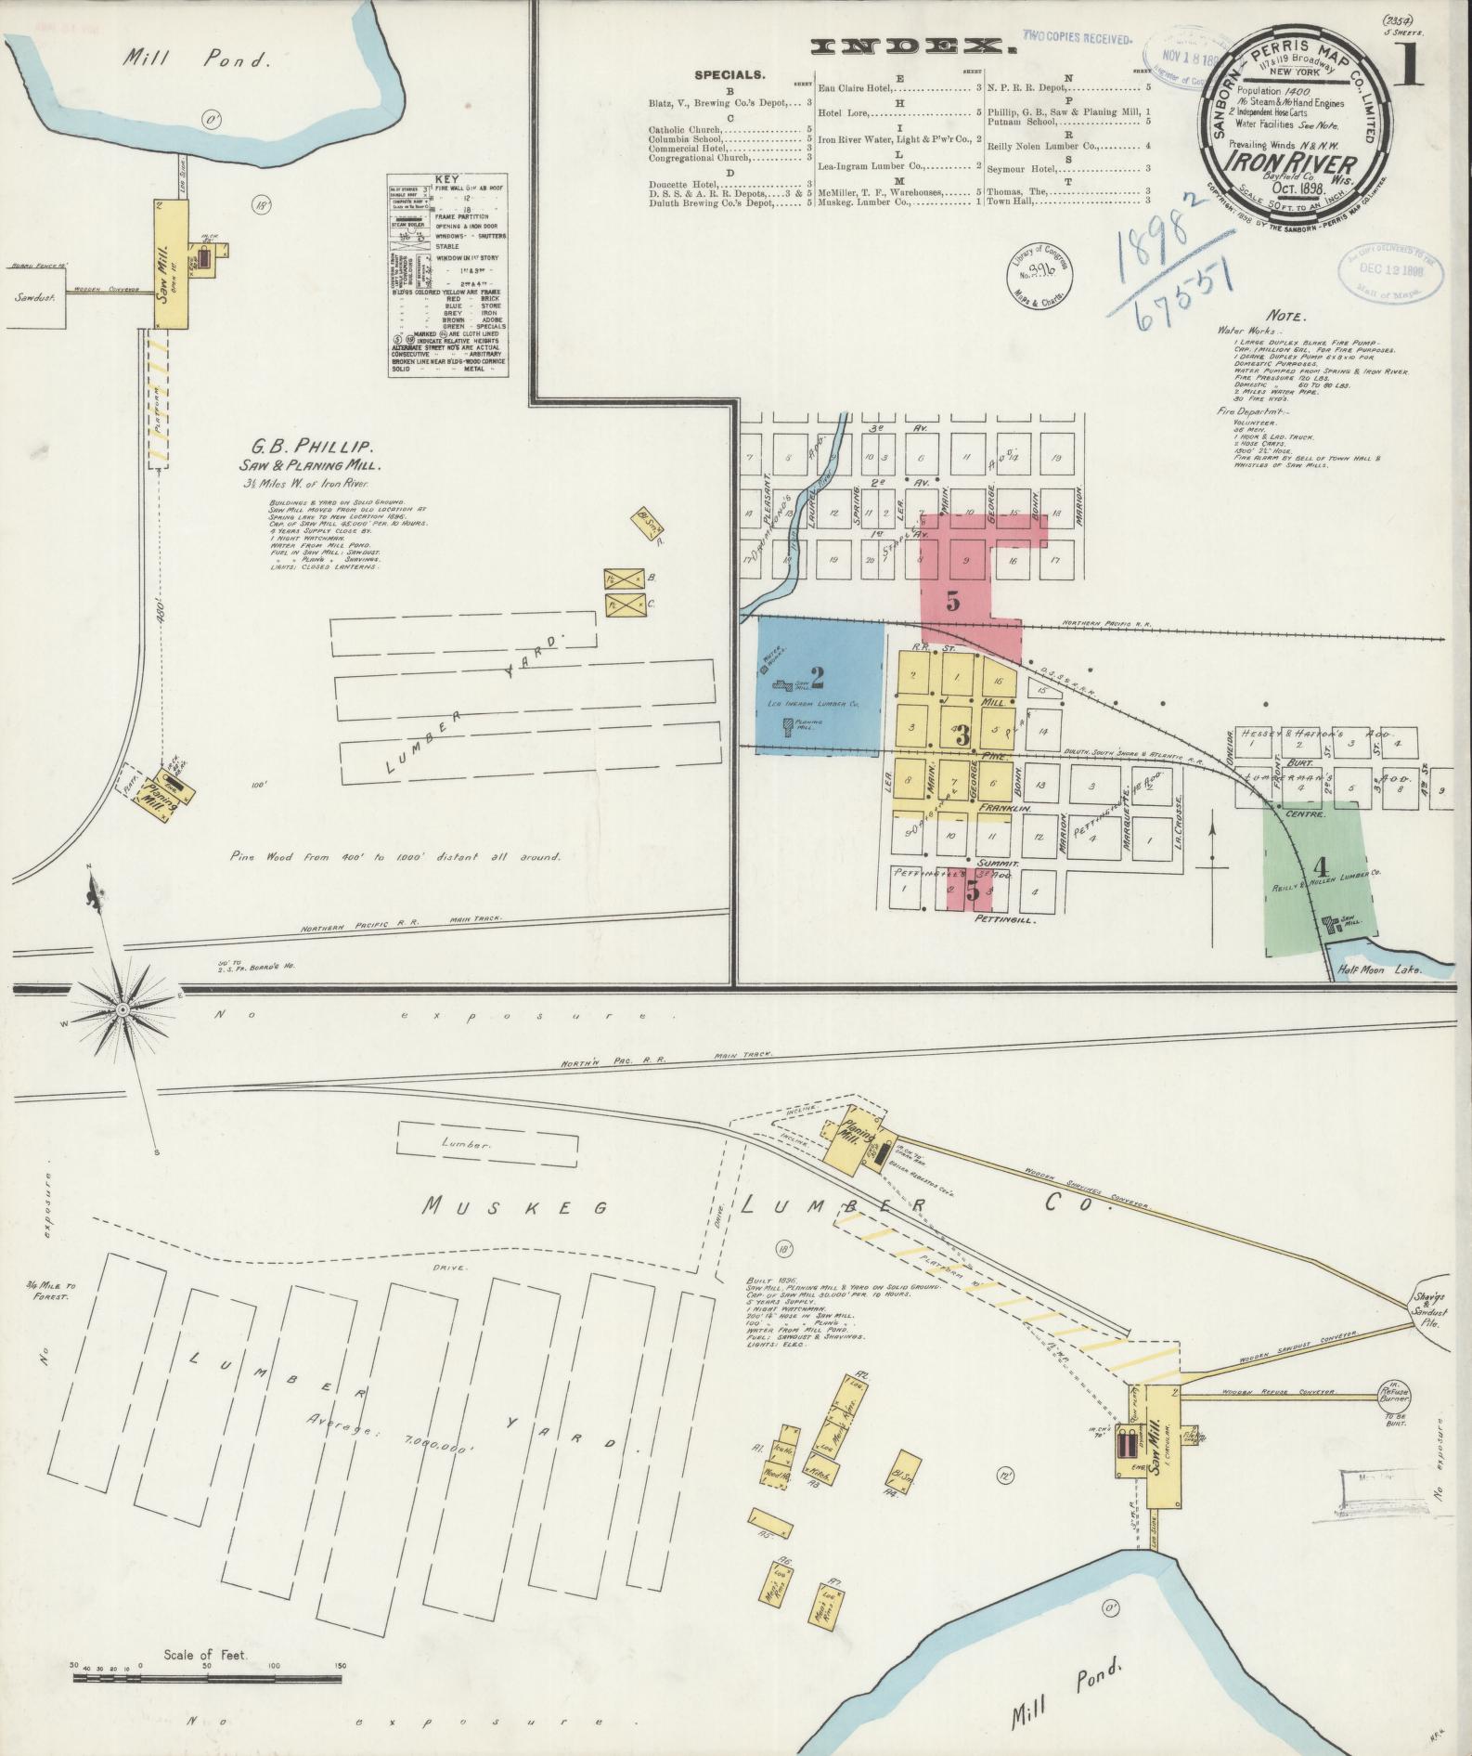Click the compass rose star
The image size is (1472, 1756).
123,1008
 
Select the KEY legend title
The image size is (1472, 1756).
447,179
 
